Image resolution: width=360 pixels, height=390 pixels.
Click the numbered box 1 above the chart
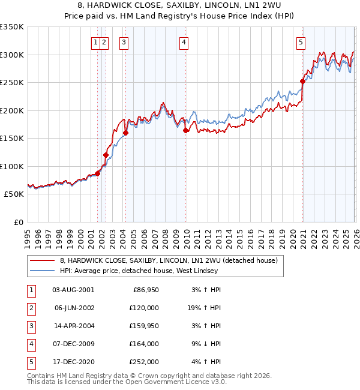[95, 42]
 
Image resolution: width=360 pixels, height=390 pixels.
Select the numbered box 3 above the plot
[124, 42]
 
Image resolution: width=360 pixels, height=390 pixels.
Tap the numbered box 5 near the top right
[300, 42]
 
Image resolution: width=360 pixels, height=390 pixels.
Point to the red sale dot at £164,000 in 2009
[186, 130]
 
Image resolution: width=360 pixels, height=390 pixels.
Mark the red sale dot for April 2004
[125, 133]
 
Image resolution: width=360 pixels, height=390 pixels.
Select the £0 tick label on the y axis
[18, 222]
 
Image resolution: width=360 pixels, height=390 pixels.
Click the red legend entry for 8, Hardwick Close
[168, 261]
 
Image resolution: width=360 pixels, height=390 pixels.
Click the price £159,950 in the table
[143, 325]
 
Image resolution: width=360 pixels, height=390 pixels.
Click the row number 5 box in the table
[31, 361]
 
